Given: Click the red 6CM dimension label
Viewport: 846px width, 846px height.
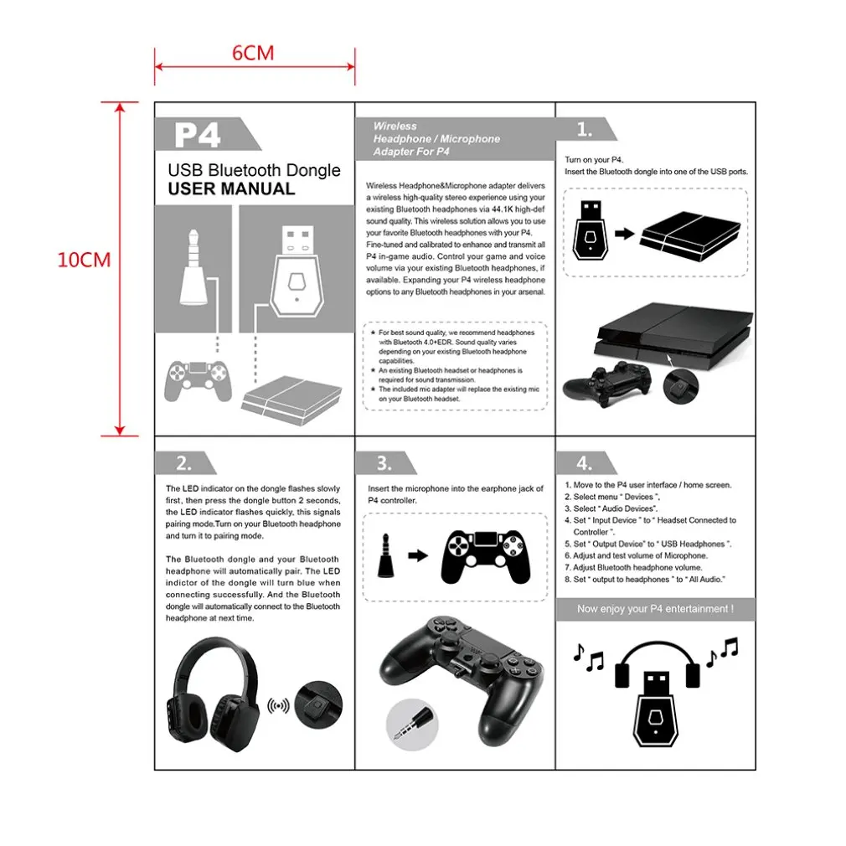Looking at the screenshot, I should pos(253,53).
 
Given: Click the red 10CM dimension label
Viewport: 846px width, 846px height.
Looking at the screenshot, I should pos(84,259).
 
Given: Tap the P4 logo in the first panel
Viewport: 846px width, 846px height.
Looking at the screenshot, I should pos(198,134).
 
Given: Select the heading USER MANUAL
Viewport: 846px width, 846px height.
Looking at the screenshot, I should pos(231,189).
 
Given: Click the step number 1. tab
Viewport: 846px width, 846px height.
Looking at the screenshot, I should pos(585,129).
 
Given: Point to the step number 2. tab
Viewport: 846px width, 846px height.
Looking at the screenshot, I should pos(183,463).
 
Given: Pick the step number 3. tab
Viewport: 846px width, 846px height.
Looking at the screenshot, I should pos(384,463).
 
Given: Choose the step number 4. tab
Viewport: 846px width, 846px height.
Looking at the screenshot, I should pos(585,463).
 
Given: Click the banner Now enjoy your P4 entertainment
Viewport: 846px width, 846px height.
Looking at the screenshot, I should pos(655,609).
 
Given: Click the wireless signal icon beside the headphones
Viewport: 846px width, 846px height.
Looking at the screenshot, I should pos(278,705).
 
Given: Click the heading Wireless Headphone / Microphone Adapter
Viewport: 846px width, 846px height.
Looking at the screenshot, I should pos(436,139).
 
